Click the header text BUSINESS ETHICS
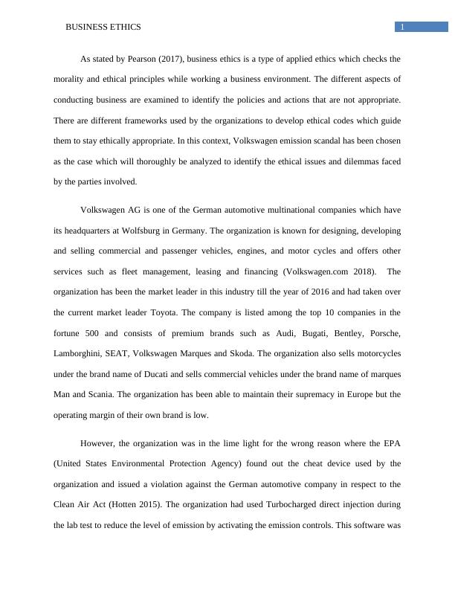103,27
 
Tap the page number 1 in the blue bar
402,27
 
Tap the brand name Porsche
384,332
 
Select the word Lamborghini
80,353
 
